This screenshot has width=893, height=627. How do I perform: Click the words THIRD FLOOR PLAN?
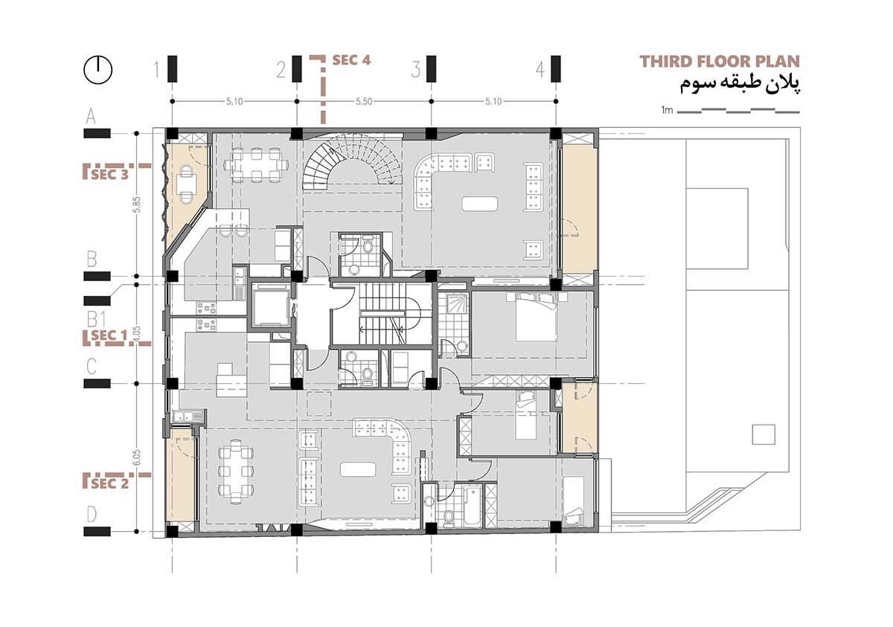click(x=720, y=61)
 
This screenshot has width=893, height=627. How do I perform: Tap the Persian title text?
click(x=740, y=84)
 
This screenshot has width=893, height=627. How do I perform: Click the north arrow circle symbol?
click(x=97, y=70)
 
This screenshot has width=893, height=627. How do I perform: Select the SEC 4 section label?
click(x=351, y=60)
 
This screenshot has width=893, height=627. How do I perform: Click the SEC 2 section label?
click(x=109, y=483)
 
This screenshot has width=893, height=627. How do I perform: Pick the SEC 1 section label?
click(x=109, y=336)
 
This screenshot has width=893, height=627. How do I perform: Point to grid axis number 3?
click(x=415, y=71)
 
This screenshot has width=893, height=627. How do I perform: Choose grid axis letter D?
click(x=92, y=514)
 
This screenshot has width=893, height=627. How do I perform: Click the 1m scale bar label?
click(x=667, y=110)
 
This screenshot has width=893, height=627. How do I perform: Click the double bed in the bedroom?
click(x=534, y=315)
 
